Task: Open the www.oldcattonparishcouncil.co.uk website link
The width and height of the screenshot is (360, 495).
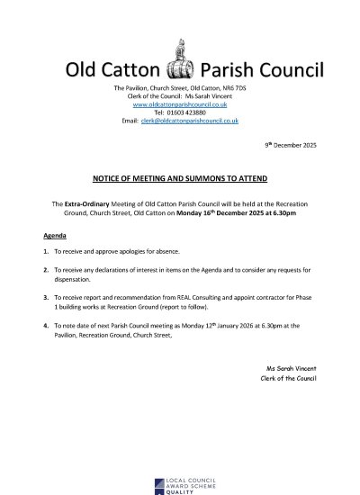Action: [179, 104]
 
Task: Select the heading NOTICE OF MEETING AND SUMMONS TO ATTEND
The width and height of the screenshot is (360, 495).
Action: [179, 179]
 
